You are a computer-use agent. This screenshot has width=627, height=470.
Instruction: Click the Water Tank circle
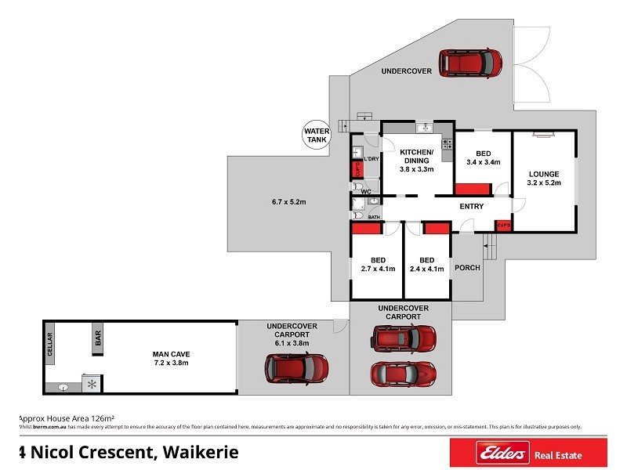pos(316,136)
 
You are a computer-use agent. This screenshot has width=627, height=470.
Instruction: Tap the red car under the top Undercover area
pos(469,63)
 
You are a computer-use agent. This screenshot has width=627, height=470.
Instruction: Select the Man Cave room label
pos(169,359)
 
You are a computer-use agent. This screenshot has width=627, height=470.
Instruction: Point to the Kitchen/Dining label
pos(415,160)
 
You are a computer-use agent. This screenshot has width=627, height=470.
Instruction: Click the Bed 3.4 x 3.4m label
pos(483,158)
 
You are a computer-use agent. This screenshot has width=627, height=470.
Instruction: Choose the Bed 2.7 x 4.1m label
pos(376,264)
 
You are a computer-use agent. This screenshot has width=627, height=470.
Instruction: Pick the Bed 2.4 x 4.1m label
pos(427,264)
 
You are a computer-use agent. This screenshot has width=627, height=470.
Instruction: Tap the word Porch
pos(467,267)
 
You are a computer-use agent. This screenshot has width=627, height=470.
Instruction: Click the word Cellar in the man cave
pos(49,345)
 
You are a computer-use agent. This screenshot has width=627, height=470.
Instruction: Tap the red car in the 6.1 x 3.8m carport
pos(295,367)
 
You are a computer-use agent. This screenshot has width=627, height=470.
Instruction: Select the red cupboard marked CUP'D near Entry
pos(502,226)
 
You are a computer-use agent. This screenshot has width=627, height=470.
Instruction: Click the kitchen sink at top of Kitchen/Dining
pos(424,128)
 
